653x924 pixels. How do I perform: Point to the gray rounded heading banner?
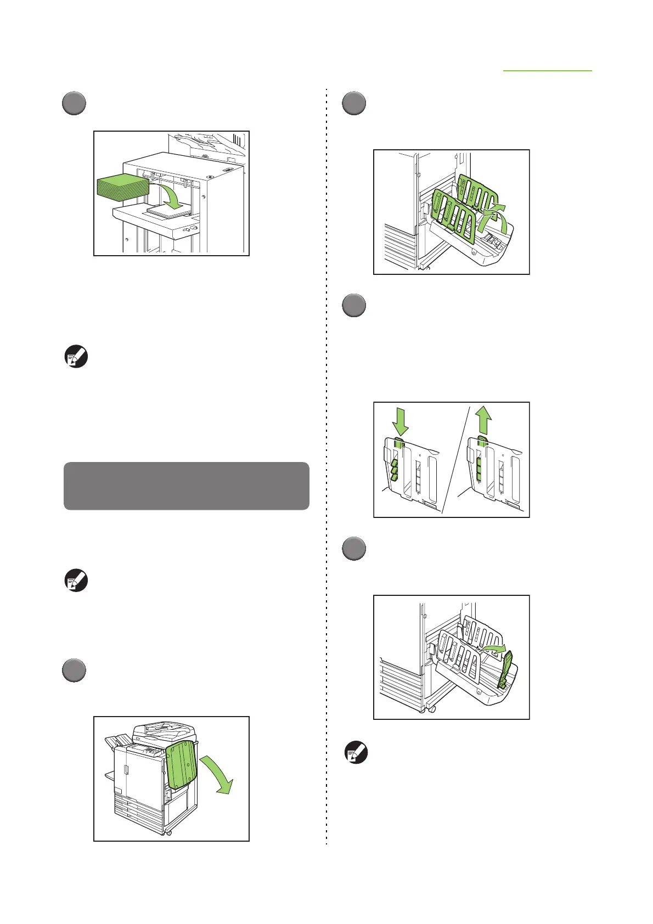tap(187, 486)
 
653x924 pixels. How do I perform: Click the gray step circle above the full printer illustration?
tap(74, 670)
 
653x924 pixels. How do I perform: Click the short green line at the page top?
tap(548, 71)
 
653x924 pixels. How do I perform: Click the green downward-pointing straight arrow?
tap(401, 424)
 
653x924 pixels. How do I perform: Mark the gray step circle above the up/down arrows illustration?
tap(354, 305)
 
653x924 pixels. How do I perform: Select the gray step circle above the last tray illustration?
tap(354, 548)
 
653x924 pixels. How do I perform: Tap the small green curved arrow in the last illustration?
tap(492, 650)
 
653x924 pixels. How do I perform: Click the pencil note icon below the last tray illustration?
tap(356, 753)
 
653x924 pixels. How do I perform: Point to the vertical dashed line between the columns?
tap(327, 466)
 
